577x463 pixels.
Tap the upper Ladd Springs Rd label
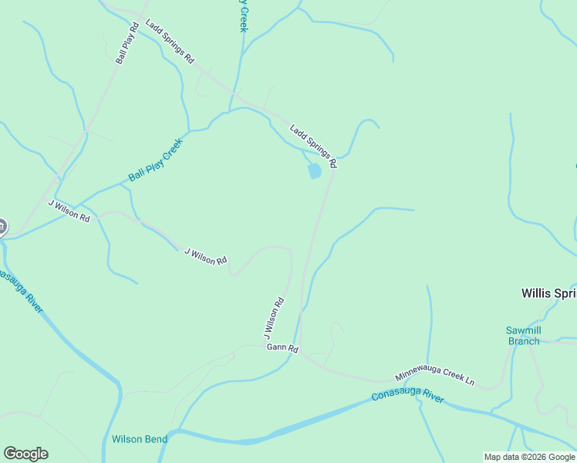tap(170, 42)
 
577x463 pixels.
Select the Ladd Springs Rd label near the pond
tap(313, 146)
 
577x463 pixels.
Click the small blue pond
tap(314, 171)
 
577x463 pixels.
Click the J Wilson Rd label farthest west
tap(69, 211)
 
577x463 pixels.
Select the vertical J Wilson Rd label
tap(274, 318)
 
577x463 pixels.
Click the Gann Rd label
tap(282, 348)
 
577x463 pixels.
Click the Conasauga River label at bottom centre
tap(407, 395)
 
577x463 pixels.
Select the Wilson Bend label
tap(139, 439)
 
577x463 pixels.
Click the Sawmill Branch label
tap(524, 336)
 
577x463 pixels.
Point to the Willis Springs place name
tap(548, 293)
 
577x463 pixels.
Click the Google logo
tap(25, 454)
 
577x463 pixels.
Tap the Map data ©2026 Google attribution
tap(530, 457)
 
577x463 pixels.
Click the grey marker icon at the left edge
tap(2, 227)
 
